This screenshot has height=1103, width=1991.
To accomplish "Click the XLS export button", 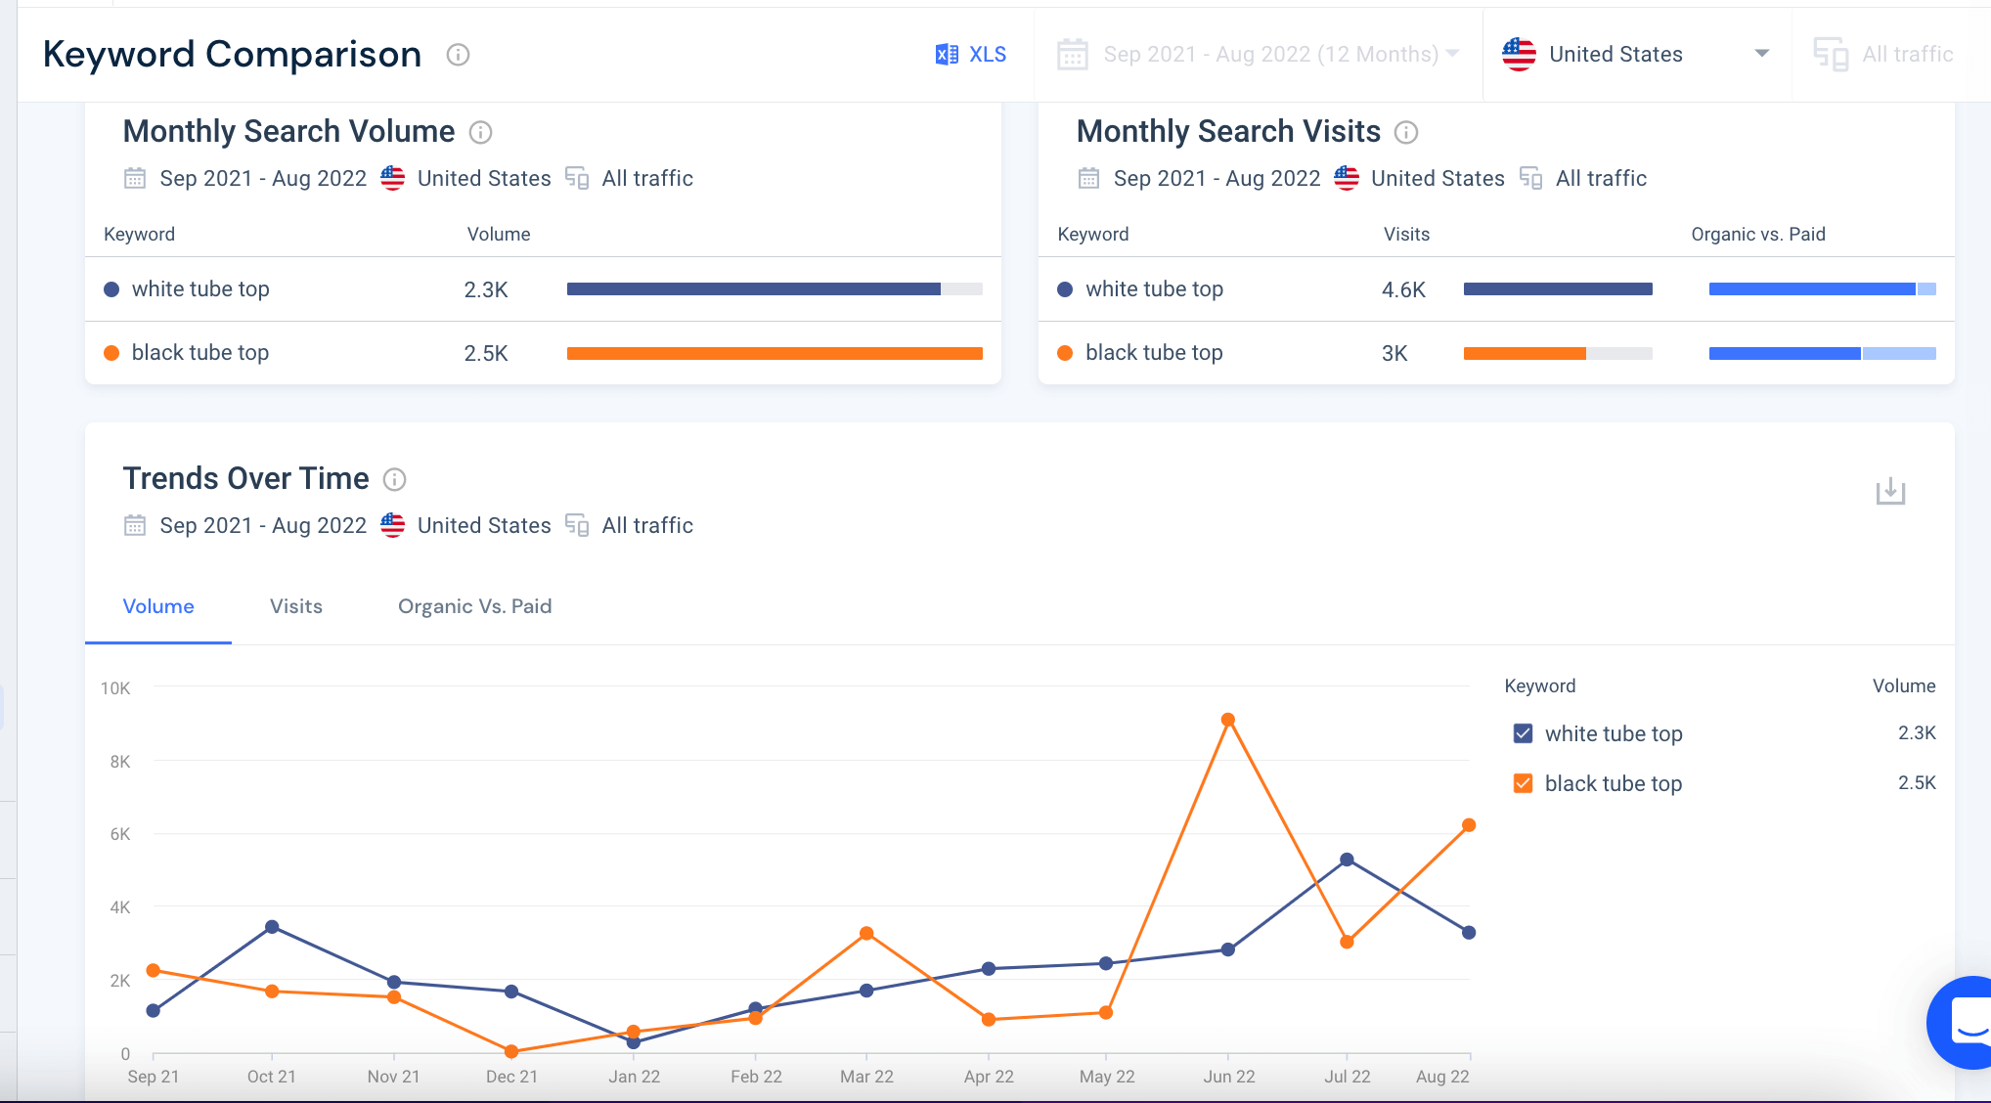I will tap(971, 55).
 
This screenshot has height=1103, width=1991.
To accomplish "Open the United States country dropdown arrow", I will tap(1761, 54).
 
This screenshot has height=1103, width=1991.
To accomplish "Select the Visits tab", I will tap(295, 606).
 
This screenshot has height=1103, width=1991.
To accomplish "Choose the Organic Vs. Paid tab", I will tap(474, 606).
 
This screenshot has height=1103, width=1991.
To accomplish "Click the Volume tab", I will tap(158, 606).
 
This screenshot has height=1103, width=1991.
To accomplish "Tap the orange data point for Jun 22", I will tap(1228, 720).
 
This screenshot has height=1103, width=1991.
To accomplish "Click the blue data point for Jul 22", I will tap(1347, 860).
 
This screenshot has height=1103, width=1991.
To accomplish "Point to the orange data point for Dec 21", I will tap(511, 1051).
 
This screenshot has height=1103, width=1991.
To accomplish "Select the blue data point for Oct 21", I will tap(272, 927).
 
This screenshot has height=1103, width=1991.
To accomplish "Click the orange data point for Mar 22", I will tap(866, 934).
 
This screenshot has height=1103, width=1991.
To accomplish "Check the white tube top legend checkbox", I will tap(1523, 733).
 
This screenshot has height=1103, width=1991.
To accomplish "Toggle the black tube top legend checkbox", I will tap(1523, 783).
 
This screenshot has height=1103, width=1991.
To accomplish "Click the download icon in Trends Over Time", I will tap(1890, 491).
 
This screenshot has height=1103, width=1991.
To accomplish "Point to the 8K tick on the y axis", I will tap(120, 762).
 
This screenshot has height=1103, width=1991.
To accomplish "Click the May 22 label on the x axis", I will tap(1106, 1077).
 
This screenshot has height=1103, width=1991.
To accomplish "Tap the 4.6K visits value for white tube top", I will tap(1403, 289).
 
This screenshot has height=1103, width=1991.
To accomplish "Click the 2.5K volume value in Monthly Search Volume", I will tap(486, 353).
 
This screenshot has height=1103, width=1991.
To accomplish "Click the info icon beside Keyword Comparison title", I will tap(458, 55).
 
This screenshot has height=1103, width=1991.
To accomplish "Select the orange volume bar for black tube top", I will tap(774, 353).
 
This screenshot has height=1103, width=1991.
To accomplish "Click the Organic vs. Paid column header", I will tap(1757, 234).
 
